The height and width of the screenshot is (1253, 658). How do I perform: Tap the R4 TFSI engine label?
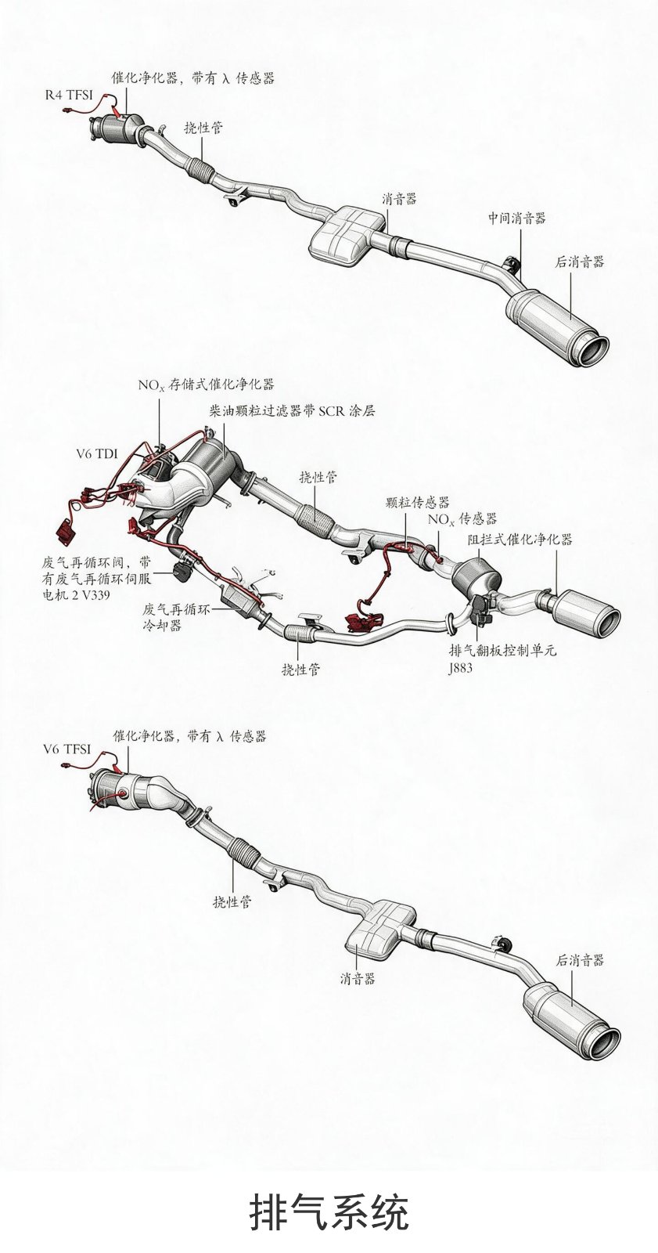(x=69, y=95)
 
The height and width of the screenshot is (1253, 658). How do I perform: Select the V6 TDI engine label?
(x=97, y=453)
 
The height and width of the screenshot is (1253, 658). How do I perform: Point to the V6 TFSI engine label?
(x=67, y=749)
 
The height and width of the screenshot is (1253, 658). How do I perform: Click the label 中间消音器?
(x=516, y=218)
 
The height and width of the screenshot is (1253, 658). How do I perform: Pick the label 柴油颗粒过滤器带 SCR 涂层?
(x=291, y=411)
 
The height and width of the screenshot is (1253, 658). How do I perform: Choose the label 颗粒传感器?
(x=417, y=502)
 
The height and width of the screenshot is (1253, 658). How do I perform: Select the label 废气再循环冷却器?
(x=176, y=617)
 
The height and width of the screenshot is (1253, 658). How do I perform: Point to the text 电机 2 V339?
(x=76, y=594)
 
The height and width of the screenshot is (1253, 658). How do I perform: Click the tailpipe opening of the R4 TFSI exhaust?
(x=594, y=351)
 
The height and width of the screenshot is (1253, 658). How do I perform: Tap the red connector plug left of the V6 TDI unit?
(x=65, y=532)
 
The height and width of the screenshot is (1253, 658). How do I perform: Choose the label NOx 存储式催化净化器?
(x=207, y=385)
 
